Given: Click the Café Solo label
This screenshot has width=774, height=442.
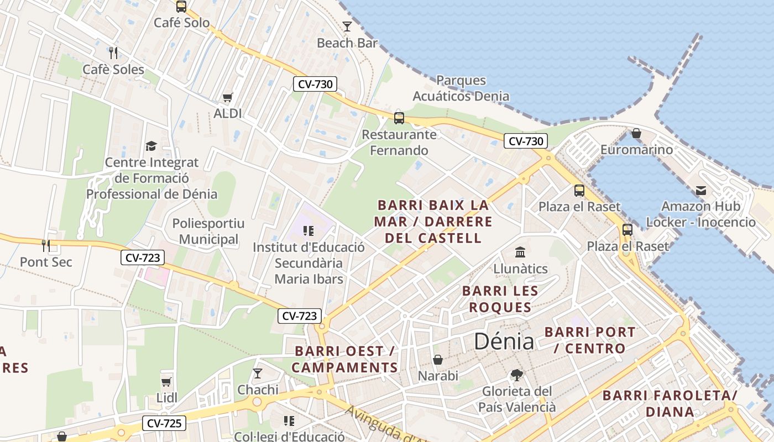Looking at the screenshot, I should pyautogui.click(x=181, y=23).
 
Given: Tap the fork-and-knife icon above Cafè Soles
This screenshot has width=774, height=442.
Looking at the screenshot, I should pyautogui.click(x=113, y=53).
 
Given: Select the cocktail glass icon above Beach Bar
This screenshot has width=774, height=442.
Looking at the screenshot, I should pyautogui.click(x=347, y=27).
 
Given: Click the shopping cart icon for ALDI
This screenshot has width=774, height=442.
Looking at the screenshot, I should pyautogui.click(x=227, y=98).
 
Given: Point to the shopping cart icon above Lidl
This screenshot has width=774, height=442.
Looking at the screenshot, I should pyautogui.click(x=166, y=382).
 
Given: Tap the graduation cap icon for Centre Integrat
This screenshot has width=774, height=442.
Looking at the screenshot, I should pyautogui.click(x=151, y=146).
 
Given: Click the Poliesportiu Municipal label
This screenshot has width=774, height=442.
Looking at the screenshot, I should pyautogui.click(x=208, y=231).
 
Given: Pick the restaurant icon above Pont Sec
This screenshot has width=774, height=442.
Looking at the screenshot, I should pyautogui.click(x=46, y=245).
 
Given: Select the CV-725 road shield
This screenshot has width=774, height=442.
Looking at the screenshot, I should pyautogui.click(x=165, y=424).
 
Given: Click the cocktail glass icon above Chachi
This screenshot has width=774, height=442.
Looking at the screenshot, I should pyautogui.click(x=257, y=373).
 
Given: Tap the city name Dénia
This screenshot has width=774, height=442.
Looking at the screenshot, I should pyautogui.click(x=504, y=342).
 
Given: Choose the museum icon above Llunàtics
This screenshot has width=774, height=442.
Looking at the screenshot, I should pyautogui.click(x=520, y=252).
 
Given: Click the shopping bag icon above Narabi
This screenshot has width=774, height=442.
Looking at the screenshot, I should pyautogui.click(x=438, y=360).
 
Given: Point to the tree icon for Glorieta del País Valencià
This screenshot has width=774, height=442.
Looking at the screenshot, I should pyautogui.click(x=517, y=375).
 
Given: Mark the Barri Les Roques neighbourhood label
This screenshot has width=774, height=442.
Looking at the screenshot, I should pyautogui.click(x=500, y=299).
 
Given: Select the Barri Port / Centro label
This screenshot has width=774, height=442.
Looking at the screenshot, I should pyautogui.click(x=590, y=340).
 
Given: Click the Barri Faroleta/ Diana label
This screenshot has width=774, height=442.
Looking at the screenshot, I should pyautogui.click(x=670, y=403).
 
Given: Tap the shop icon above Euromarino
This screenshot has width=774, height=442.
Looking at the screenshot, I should pyautogui.click(x=636, y=133).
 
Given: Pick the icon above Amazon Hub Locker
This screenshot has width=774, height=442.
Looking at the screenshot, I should pyautogui.click(x=701, y=191).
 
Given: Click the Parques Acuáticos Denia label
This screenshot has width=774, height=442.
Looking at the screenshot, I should pyautogui.click(x=461, y=88).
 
